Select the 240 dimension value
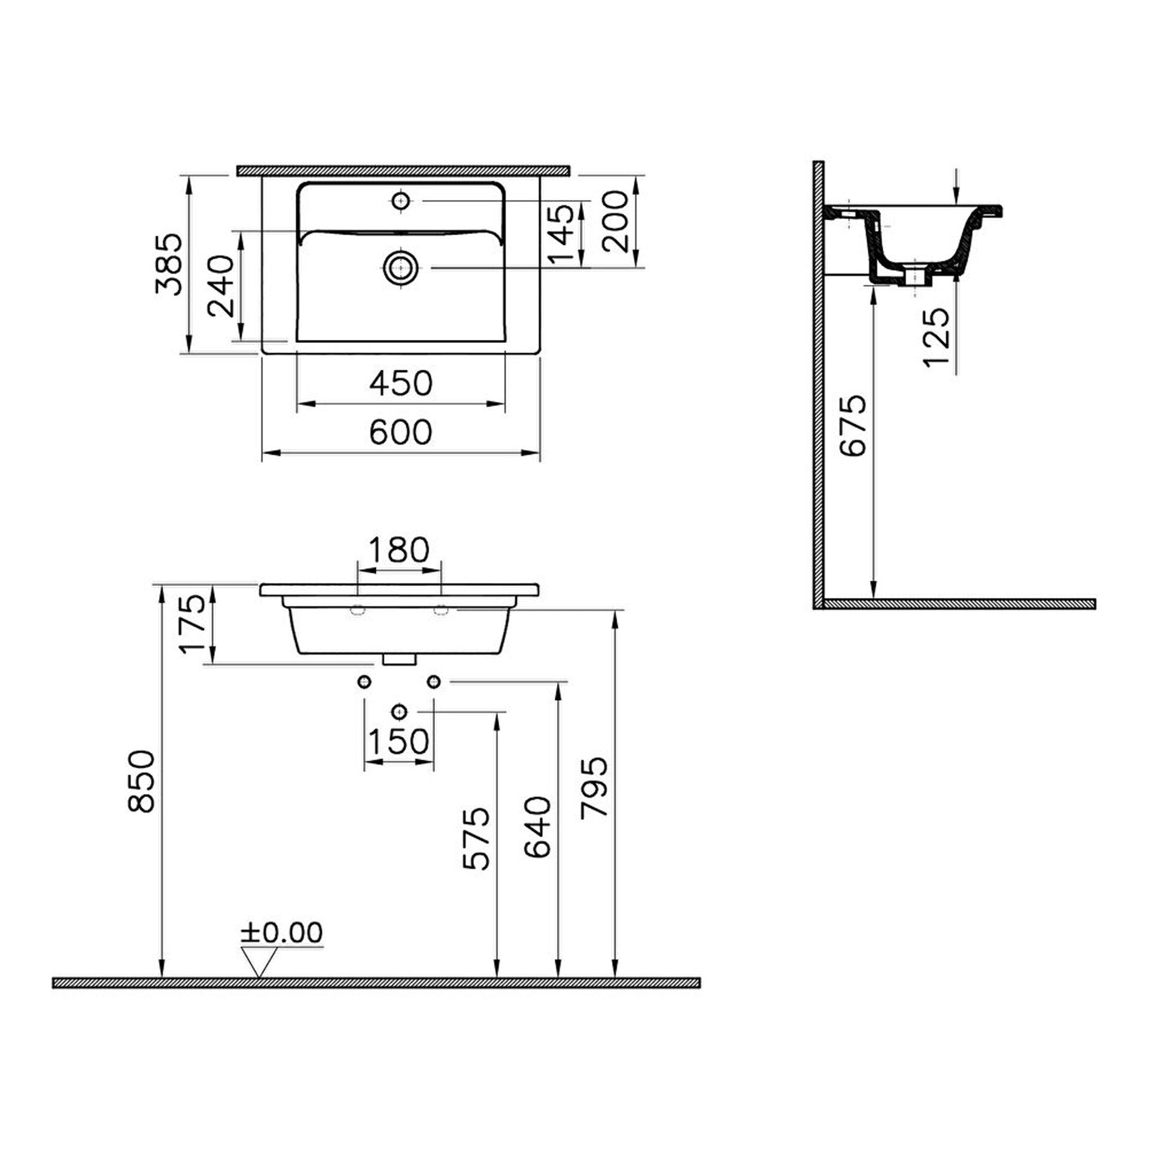coord(220,286)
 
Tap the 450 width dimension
coord(400,383)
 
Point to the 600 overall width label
coord(400,432)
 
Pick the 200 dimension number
coord(615,221)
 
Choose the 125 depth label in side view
coord(937,338)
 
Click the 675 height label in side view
coord(852,425)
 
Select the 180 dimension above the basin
coord(399,549)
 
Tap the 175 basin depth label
coord(193,624)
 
